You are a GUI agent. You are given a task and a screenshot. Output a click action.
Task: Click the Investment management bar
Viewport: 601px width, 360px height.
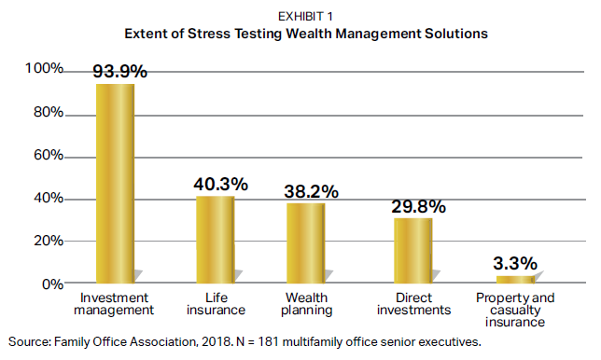tap(115, 184)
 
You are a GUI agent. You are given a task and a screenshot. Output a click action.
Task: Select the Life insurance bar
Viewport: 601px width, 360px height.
tap(215, 240)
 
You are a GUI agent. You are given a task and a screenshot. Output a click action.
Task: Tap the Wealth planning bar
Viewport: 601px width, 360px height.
tap(305, 243)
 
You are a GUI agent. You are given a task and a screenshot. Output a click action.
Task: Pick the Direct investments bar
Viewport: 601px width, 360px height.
tap(412, 251)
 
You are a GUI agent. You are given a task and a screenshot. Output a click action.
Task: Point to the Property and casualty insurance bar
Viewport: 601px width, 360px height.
tap(515, 280)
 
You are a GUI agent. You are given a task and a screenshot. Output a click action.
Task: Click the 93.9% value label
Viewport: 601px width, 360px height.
tap(120, 71)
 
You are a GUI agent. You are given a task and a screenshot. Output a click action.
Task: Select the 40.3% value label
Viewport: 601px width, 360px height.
tap(221, 185)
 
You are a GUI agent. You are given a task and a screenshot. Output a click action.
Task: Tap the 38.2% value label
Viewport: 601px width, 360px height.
tap(312, 191)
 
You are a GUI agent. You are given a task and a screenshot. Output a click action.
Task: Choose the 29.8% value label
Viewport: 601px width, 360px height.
tap(418, 207)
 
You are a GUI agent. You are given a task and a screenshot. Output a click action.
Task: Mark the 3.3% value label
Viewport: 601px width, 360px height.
tap(515, 264)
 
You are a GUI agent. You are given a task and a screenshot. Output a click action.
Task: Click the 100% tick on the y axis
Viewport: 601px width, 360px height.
tap(44, 68)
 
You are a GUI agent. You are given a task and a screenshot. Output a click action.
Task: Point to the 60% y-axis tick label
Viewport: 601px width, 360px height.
tap(49, 155)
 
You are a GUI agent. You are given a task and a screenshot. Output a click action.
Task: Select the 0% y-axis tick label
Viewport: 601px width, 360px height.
tap(52, 284)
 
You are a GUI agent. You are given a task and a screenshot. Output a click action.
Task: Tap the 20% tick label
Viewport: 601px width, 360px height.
tap(49, 241)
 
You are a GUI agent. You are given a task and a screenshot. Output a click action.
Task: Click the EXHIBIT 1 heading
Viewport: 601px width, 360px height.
tap(305, 17)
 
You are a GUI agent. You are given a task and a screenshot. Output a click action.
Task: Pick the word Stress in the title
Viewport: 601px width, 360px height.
tap(209, 34)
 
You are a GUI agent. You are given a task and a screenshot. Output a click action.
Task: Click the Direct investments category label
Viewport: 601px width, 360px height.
tap(414, 304)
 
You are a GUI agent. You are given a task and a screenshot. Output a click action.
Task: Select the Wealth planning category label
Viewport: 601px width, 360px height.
tap(307, 304)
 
